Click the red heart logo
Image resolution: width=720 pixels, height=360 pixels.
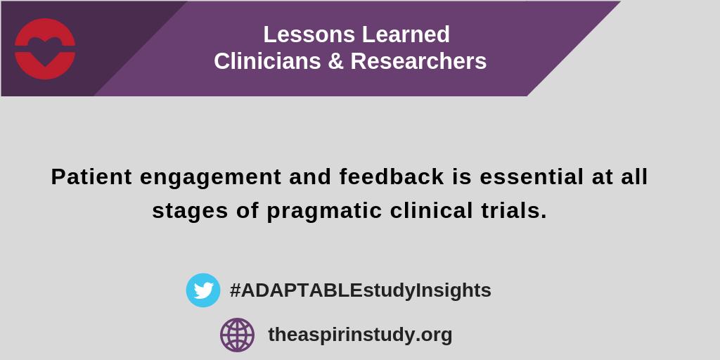click(45, 49)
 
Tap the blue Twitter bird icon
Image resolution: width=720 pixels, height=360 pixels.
click(203, 290)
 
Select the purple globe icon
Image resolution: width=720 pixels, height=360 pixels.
click(237, 335)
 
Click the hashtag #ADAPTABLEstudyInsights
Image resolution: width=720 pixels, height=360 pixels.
click(360, 290)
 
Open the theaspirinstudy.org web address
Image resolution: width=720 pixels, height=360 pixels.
click(360, 335)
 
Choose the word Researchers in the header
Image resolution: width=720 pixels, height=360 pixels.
click(418, 62)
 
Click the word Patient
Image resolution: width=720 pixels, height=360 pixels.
click(91, 177)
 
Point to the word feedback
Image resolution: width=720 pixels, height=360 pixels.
click(392, 177)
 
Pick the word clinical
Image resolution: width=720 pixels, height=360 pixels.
click(430, 211)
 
